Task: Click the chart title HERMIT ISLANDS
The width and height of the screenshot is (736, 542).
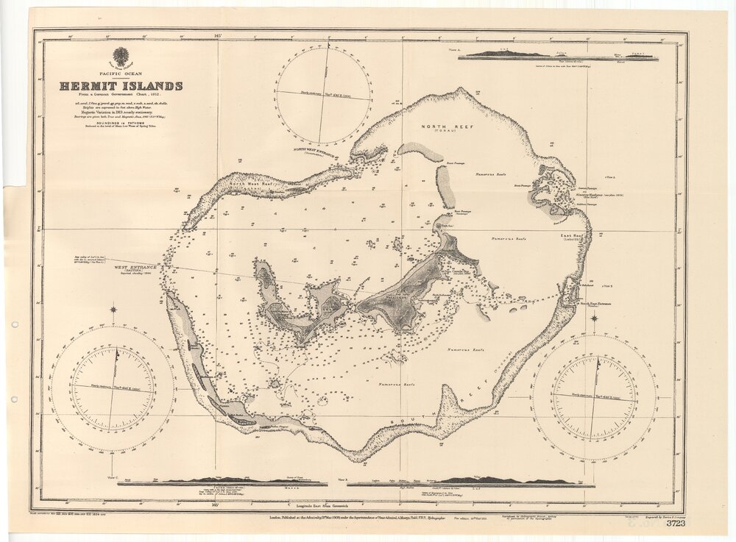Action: click(x=121, y=86)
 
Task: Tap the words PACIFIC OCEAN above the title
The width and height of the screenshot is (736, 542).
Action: click(x=121, y=74)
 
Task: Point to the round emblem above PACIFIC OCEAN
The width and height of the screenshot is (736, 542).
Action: click(x=121, y=57)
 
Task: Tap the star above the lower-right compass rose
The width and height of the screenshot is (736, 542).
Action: click(x=594, y=318)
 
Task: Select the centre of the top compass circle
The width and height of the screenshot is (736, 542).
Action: click(x=324, y=93)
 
